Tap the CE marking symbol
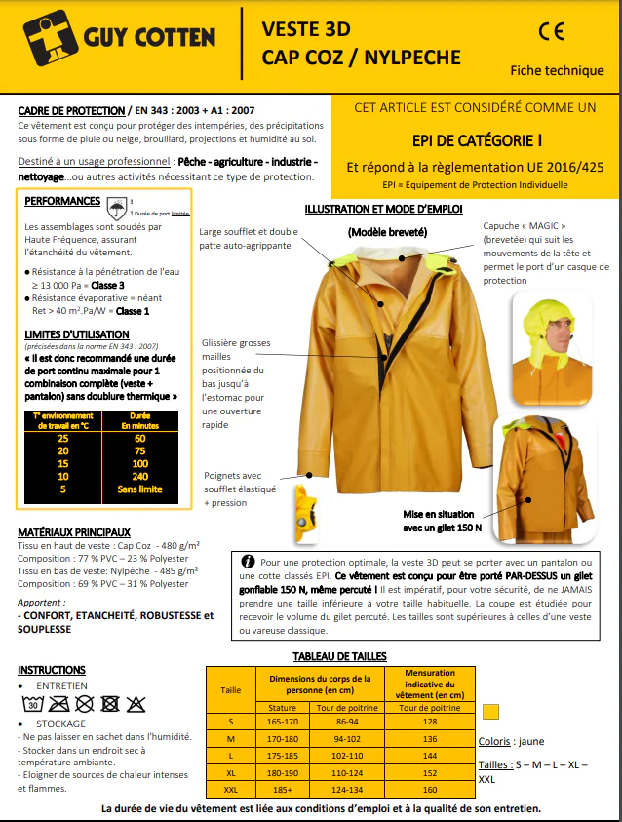[x=551, y=31]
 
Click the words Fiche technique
[x=557, y=70]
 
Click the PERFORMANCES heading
[x=62, y=201]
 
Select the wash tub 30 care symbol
[x=32, y=702]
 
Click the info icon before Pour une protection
[x=248, y=563]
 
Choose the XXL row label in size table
[x=230, y=789]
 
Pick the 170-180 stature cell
[x=282, y=737]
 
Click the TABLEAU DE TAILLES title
[x=340, y=656]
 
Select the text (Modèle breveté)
[x=387, y=232]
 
